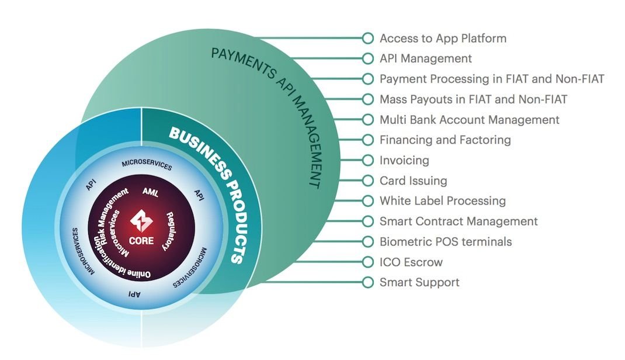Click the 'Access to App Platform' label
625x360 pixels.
pyautogui.click(x=443, y=39)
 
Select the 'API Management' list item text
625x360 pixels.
pyautogui.click(x=425, y=58)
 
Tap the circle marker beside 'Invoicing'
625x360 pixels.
pyautogui.click(x=367, y=160)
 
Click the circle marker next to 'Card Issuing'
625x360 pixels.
pyautogui.click(x=367, y=181)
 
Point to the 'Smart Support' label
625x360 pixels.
pyautogui.click(x=419, y=282)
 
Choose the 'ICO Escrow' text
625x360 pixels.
pyautogui.click(x=411, y=262)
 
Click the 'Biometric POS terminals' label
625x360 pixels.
pyautogui.click(x=445, y=241)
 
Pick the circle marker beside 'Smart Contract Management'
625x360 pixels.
pyautogui.click(x=367, y=221)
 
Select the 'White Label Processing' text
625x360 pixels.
pyautogui.click(x=442, y=201)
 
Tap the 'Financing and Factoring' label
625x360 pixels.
pyautogui.click(x=445, y=140)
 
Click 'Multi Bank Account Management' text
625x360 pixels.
pyautogui.click(x=469, y=120)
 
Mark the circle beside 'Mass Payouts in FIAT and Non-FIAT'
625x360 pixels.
pyautogui.click(x=367, y=99)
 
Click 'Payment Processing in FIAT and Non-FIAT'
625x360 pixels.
pyautogui.click(x=491, y=79)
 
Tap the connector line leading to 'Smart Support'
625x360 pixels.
pyautogui.click(x=327, y=282)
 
